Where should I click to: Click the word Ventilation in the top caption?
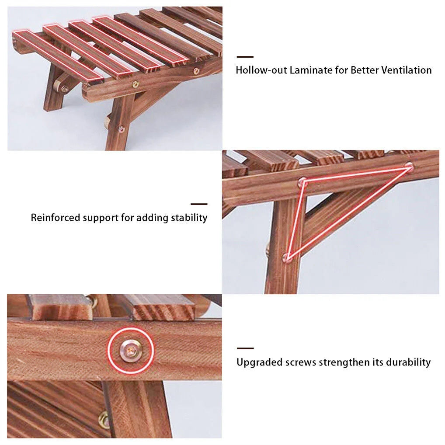click(x=406, y=70)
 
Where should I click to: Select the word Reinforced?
click(x=56, y=217)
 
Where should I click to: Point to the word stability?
click(x=189, y=217)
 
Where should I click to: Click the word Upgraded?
click(x=259, y=362)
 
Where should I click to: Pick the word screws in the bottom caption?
click(x=300, y=362)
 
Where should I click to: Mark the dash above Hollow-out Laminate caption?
click(x=245, y=57)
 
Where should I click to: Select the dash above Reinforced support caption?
click(x=199, y=204)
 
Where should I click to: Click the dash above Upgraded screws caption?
click(x=245, y=348)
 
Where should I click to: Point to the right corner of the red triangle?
click(x=409, y=165)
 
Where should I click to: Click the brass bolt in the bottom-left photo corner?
click(x=104, y=420)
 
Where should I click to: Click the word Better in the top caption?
click(x=365, y=70)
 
